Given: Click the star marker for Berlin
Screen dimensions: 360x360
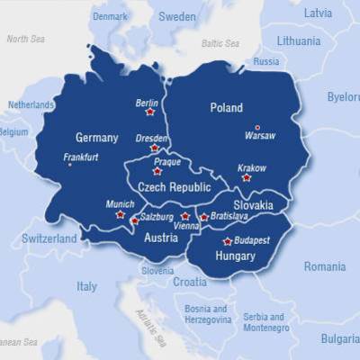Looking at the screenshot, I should (149, 112).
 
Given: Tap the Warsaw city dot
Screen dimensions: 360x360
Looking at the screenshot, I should (257, 127).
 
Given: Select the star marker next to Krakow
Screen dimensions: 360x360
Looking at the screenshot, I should (247, 177).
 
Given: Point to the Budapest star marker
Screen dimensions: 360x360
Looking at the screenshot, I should (227, 241).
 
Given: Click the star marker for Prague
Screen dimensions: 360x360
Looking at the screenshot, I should (157, 171).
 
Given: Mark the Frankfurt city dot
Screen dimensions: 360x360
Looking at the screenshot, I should (68, 164).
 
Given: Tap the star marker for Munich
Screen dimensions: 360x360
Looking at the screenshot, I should (120, 214).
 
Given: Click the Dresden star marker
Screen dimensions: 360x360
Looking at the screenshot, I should (155, 148).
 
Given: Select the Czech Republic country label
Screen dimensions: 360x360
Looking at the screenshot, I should (175, 187).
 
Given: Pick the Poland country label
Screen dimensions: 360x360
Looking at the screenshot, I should (226, 108).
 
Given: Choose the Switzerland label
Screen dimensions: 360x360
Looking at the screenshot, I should (49, 239).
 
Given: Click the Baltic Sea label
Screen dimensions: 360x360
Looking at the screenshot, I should (220, 43).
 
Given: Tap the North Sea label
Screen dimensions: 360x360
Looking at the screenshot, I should (26, 39).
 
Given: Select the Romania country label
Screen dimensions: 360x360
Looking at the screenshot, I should (324, 266).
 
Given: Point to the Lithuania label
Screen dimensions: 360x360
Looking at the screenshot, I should (298, 41).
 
